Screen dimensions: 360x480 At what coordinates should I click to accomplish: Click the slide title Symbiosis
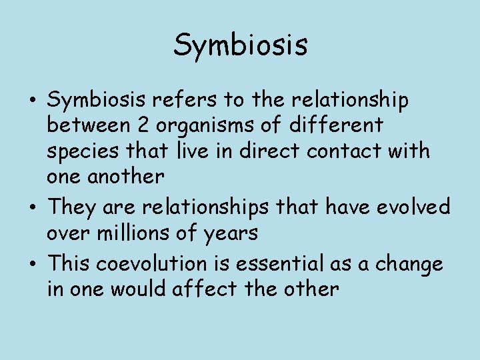click(x=240, y=45)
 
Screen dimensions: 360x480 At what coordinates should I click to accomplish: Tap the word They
click(x=73, y=207)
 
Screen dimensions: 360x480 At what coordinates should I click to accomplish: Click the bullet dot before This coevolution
click(x=33, y=265)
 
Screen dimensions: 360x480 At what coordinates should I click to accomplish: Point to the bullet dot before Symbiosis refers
click(x=33, y=101)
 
